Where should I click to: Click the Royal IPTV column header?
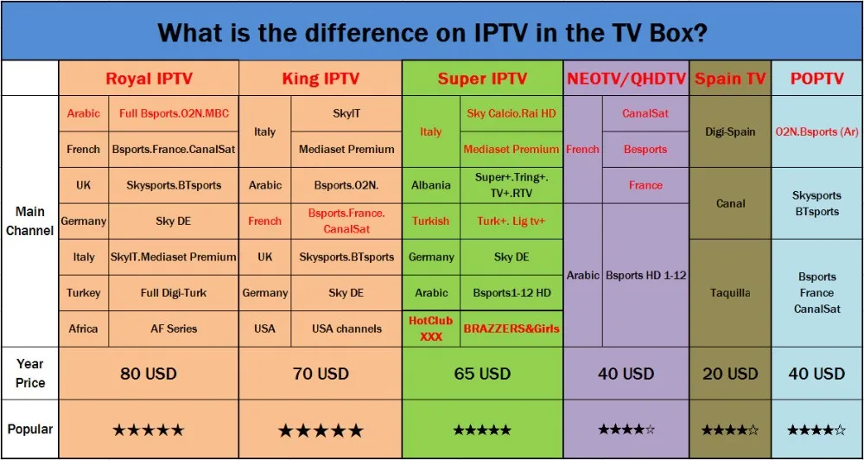[149, 79]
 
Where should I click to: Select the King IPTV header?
[321, 79]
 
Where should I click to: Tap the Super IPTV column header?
[482, 79]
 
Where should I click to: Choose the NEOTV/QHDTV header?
[626, 79]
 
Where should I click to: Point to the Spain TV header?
[730, 79]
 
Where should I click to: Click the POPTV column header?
[816, 79]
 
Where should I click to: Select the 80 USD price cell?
[149, 374]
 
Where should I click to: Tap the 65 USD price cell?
[482, 374]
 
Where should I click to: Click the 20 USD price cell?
[730, 374]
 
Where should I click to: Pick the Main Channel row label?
[29, 221]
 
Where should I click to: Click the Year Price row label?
[29, 374]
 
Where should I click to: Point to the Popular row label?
[29, 429]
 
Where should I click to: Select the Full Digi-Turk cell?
[173, 293]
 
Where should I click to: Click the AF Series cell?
[173, 329]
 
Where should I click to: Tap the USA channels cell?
[346, 329]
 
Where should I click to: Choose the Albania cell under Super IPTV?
[431, 185]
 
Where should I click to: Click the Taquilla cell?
[730, 293]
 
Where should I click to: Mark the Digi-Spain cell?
[730, 131]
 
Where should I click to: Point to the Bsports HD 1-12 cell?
[645, 275]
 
